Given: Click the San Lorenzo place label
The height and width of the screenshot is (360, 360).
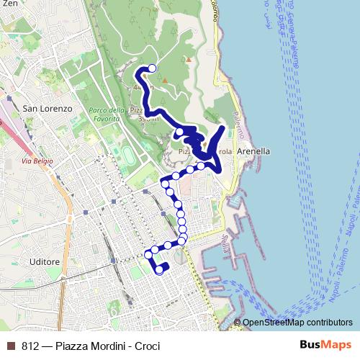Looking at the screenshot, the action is pos(48,108).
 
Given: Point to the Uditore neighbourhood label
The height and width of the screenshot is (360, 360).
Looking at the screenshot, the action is pos(42,262).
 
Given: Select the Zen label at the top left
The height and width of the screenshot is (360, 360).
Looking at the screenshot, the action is pos(9,4).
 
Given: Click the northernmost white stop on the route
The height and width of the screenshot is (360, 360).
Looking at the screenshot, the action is pos(151,68).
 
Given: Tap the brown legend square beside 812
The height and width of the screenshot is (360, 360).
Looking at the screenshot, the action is pos(11,345).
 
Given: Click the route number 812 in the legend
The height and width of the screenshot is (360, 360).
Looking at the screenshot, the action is pos(30,345).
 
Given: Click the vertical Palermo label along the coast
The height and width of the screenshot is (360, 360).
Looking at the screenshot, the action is pos(239,126).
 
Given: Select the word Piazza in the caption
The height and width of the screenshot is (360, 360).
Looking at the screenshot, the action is pos(69,345).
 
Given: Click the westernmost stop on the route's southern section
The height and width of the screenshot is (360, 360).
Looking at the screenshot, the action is pos(148,254).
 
